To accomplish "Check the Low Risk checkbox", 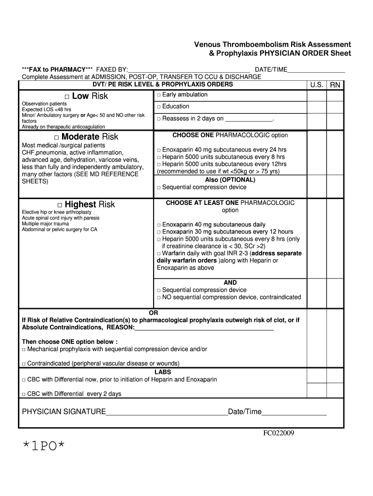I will [x=67, y=96].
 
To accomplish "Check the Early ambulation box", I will [x=158, y=95].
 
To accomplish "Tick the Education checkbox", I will [x=158, y=107].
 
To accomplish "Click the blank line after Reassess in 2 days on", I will [x=249, y=119].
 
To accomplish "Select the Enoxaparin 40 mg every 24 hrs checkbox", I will [x=158, y=150].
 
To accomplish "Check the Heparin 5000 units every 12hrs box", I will [x=158, y=165].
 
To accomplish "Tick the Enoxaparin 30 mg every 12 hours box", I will [x=158, y=232].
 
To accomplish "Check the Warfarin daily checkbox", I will [x=158, y=254].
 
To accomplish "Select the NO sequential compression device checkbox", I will [x=158, y=297].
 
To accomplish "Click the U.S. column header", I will [x=317, y=85].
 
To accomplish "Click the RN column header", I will [x=335, y=85].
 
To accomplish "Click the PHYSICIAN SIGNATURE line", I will [x=167, y=413].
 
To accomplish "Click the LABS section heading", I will [x=162, y=372].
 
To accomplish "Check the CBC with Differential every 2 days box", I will [x=24, y=394].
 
